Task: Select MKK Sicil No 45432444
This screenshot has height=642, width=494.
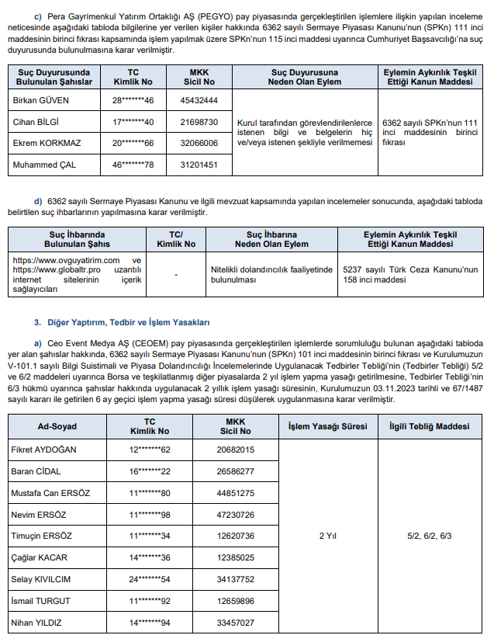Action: (199, 101)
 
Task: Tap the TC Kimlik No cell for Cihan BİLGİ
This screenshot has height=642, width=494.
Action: (133, 122)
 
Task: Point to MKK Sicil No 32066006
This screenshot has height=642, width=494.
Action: (199, 144)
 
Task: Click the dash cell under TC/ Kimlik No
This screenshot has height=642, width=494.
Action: (176, 273)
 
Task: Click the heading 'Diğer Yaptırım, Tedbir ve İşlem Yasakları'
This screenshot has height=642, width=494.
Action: (121, 321)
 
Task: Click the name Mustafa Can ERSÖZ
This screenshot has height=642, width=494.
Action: (50, 493)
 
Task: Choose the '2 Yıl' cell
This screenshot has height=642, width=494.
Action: (327, 536)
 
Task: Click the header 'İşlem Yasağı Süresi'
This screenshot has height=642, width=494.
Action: (327, 427)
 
